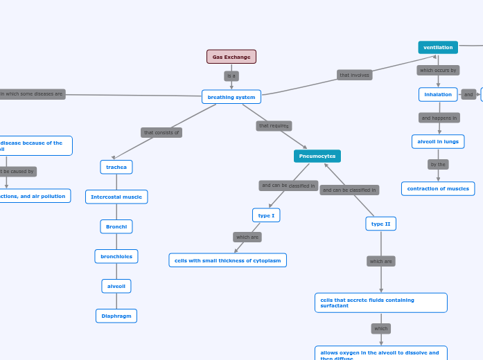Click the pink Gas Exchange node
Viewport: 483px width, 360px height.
231,57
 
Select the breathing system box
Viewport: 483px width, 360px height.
231,97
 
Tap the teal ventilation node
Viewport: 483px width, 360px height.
438,47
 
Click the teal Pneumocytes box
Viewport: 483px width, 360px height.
317,156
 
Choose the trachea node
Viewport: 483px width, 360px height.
116,167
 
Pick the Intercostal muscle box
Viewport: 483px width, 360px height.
116,197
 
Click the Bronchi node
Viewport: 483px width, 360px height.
116,226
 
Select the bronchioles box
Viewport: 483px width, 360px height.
116,256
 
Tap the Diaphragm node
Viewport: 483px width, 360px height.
116,316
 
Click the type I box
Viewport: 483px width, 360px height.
266,215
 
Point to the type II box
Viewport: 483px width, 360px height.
381,224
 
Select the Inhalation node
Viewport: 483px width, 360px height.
438,94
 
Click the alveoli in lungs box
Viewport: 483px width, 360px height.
438,141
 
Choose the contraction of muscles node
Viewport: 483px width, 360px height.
438,188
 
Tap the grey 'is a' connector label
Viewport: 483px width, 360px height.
231,76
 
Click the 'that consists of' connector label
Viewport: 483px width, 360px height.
161,132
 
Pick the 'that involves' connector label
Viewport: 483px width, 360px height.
355,75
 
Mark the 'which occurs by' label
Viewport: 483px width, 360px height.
438,70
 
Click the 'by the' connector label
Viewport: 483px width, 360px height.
438,165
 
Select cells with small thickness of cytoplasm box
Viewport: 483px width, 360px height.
228,260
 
